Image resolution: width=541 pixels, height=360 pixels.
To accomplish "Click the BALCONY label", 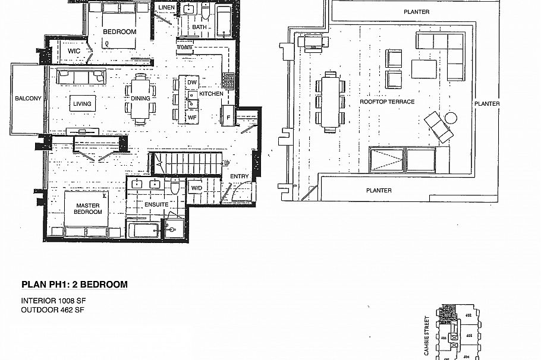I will [29, 99].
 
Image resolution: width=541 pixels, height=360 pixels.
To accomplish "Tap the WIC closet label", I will [74, 52].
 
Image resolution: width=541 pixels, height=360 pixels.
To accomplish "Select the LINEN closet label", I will [166, 8].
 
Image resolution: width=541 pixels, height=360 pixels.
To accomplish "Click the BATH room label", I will [199, 27].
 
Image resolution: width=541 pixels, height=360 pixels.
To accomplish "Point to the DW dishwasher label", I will [191, 82].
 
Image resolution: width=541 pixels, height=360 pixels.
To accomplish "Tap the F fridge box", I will [227, 118].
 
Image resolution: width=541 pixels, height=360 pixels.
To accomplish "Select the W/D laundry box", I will [197, 189].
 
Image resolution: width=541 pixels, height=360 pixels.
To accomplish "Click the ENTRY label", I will [240, 176].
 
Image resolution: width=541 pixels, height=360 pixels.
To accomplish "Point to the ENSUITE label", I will [156, 204].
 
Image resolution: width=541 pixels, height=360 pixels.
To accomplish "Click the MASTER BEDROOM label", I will [88, 209].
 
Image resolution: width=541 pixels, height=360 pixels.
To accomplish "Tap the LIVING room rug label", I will [83, 104].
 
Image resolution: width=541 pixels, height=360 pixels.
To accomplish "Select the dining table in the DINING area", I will [141, 98].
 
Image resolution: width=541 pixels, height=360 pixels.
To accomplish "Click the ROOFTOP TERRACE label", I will [387, 102].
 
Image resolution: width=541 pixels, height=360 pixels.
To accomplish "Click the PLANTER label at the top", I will [416, 12].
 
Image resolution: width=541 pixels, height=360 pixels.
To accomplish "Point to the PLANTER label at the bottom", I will [379, 191].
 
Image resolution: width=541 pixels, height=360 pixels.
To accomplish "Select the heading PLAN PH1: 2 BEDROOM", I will [74, 285].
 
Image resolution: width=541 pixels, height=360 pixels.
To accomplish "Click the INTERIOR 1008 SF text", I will [54, 301].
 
